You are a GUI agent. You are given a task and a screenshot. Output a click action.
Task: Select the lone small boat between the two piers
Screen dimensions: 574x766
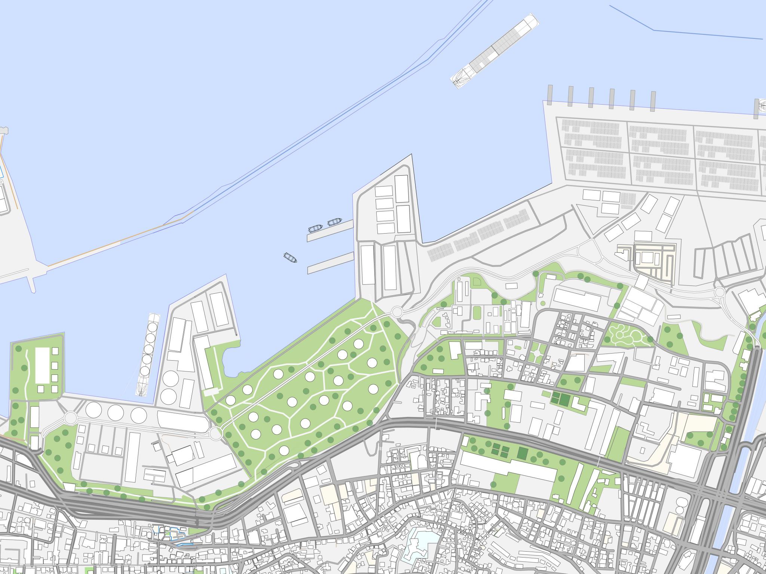pyautogui.click(x=290, y=257)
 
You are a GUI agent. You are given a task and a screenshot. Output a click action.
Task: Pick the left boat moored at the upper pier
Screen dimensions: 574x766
pyautogui.click(x=315, y=228)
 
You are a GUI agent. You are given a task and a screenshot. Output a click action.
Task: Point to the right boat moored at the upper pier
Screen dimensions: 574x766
pyautogui.click(x=335, y=222)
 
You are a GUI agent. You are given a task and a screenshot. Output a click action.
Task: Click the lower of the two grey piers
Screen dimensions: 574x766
pyautogui.click(x=331, y=263)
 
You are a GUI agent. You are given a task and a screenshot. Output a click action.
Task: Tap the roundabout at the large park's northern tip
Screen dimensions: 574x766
pyautogui.click(x=397, y=311)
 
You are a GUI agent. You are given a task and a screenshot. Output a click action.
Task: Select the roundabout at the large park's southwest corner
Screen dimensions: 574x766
pyautogui.click(x=215, y=433)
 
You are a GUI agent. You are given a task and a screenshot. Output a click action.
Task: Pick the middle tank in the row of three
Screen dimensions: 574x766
pyautogui.click(x=116, y=412)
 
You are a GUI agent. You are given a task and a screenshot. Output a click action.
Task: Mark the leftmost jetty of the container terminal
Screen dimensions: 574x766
pyautogui.click(x=550, y=96)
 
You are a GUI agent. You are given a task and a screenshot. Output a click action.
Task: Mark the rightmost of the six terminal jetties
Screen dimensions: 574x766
pyautogui.click(x=653, y=101)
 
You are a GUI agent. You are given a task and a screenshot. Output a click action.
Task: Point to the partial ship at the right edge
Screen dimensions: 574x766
pyautogui.click(x=762, y=106)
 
